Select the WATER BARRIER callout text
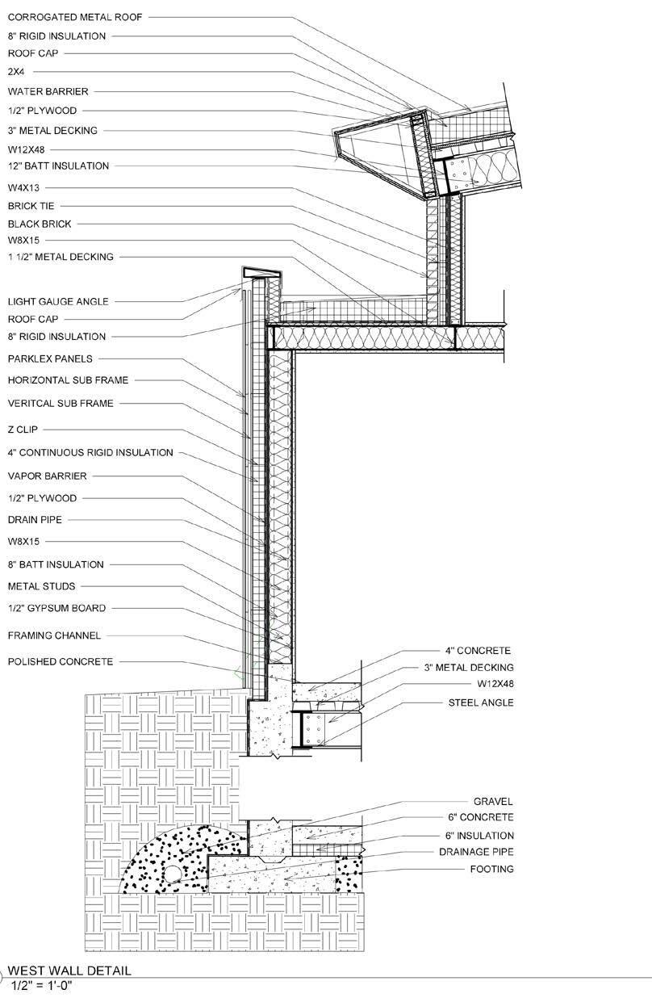click(x=48, y=92)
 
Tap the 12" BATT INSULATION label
click(x=58, y=166)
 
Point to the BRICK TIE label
click(x=31, y=206)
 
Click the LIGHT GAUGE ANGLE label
click(x=57, y=302)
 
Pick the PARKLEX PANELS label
click(x=50, y=359)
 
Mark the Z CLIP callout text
click(x=23, y=430)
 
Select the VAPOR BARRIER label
click(x=47, y=476)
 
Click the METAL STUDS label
click(x=41, y=586)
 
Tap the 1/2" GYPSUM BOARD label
click(x=56, y=609)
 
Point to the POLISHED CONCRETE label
click(x=60, y=662)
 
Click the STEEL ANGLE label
click(x=480, y=703)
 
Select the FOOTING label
click(x=491, y=870)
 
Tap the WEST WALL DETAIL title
click(x=69, y=971)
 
